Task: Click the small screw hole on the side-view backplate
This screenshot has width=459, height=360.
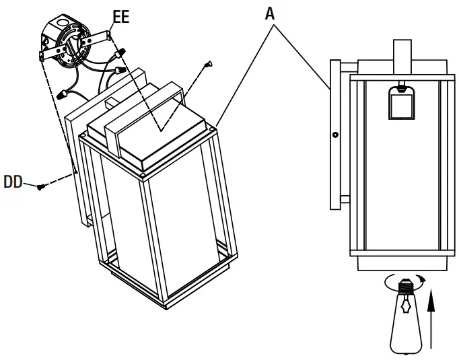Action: pos(334,134)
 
